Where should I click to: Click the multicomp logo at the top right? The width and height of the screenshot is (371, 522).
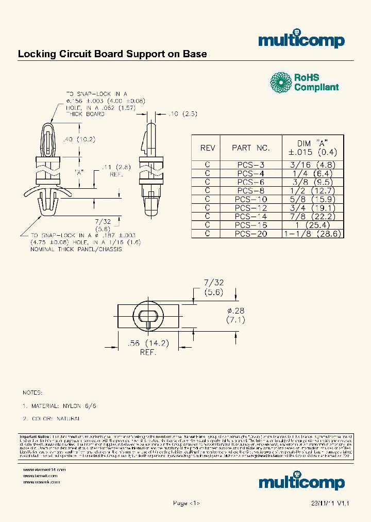point(301,41)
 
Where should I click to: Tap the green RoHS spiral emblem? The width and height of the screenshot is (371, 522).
point(281,83)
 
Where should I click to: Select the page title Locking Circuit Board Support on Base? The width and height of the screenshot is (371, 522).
point(112,54)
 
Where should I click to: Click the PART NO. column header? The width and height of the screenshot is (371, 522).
point(250,148)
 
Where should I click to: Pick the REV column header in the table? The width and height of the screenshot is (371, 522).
point(207,148)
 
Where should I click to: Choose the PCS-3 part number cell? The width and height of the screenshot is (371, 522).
point(250,165)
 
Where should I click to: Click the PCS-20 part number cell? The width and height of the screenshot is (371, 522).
point(250,233)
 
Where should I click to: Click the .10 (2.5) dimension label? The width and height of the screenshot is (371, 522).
point(177,113)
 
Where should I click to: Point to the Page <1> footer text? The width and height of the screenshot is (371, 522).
point(185,503)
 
